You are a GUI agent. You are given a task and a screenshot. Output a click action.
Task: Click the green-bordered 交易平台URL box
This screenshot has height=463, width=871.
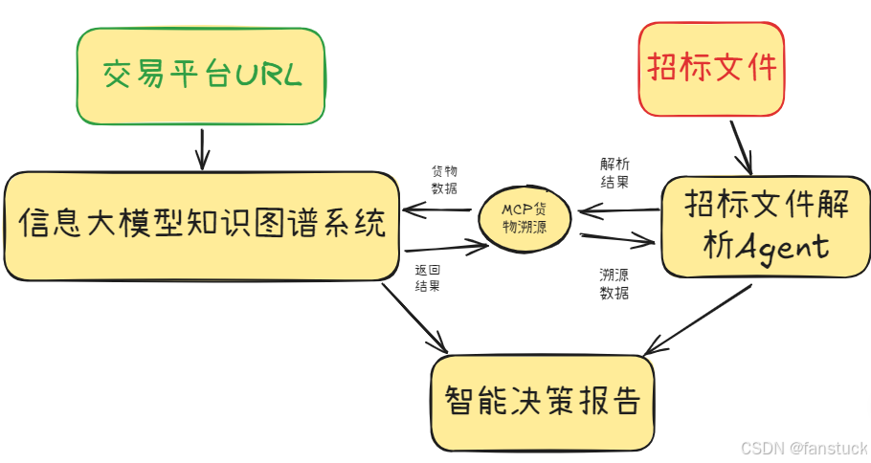201,76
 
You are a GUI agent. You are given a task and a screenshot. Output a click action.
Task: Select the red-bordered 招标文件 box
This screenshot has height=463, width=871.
712,68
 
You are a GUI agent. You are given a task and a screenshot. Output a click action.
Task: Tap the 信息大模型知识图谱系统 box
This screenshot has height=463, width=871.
201,226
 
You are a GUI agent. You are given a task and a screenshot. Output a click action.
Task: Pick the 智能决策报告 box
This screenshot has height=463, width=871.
542,401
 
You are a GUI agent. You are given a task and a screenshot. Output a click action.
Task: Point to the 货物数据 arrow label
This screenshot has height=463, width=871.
444,179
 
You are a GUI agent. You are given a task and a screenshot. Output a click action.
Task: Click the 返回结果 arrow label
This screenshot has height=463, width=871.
427,277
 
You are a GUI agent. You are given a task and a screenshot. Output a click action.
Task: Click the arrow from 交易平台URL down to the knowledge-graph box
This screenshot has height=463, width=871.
201,147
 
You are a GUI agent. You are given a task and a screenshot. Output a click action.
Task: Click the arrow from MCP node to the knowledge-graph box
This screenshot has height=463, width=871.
436,209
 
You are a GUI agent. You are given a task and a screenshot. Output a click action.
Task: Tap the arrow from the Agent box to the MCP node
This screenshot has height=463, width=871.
618,209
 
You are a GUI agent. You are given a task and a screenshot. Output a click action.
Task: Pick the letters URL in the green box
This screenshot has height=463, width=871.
269,76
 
